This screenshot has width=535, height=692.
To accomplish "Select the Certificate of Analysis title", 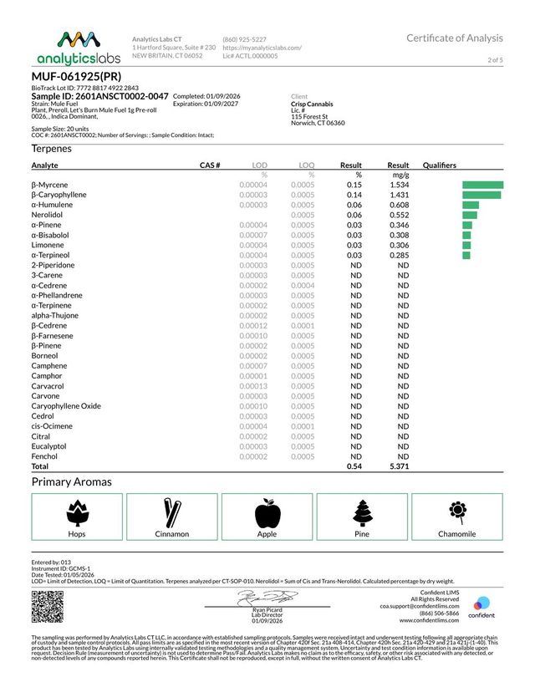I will tap(455, 38).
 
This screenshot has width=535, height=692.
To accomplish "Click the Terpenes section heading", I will tap(52, 148).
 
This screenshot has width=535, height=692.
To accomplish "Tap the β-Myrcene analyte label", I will tap(50, 184).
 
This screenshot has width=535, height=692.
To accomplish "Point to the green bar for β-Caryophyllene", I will tap(481, 194).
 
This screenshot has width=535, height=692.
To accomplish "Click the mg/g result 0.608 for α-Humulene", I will tap(398, 204).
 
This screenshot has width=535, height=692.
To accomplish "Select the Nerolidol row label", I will tap(48, 214).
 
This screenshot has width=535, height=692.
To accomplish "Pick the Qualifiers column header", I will tap(442, 165).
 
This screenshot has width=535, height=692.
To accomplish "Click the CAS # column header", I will tap(209, 165).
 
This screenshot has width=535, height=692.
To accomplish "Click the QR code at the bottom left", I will tap(48, 606).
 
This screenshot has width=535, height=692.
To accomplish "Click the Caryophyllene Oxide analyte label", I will tap(66, 405).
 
